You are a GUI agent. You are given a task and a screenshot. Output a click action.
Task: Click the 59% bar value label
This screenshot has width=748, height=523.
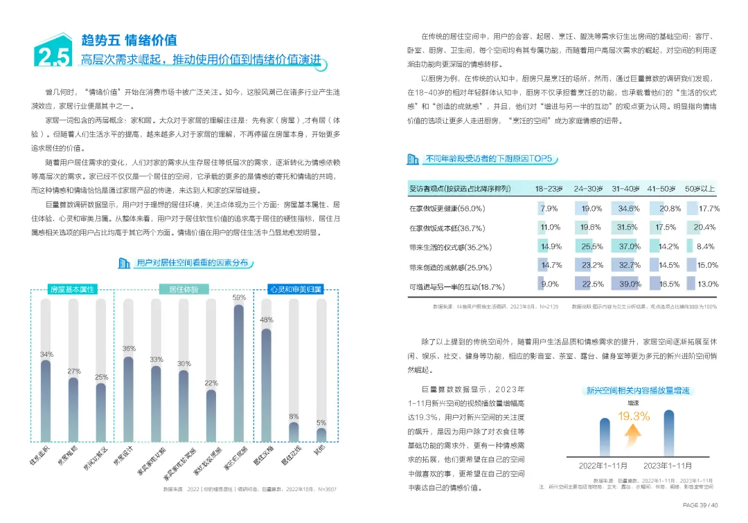point(239,297)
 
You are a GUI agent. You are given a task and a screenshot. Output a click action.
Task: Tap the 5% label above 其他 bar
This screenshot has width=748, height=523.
point(321,423)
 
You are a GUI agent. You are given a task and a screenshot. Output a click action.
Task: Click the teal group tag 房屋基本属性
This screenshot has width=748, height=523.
point(72,288)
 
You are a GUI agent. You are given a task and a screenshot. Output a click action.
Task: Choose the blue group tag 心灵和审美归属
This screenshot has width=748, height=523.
point(296,288)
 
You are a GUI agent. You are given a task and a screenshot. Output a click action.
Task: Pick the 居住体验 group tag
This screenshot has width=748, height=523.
point(184,288)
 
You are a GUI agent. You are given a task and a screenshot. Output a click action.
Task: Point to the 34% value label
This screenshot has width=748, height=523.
point(46,354)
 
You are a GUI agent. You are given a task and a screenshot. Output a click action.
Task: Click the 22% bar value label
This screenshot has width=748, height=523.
point(211,383)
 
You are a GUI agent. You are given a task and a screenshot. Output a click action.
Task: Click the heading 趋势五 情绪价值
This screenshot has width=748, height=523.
point(129,39)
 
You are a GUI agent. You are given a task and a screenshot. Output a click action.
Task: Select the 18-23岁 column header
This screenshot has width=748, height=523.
point(549,188)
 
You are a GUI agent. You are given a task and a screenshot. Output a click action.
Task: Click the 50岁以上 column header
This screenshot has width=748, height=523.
point(700,188)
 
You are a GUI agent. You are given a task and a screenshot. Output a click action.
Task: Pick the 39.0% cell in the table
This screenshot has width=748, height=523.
point(630,284)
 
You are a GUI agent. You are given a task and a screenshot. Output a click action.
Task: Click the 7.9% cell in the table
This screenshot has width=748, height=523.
point(549,208)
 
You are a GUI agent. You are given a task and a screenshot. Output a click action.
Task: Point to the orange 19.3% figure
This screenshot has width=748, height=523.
point(634,416)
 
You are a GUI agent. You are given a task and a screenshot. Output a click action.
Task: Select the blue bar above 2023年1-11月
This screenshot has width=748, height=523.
point(668,433)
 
